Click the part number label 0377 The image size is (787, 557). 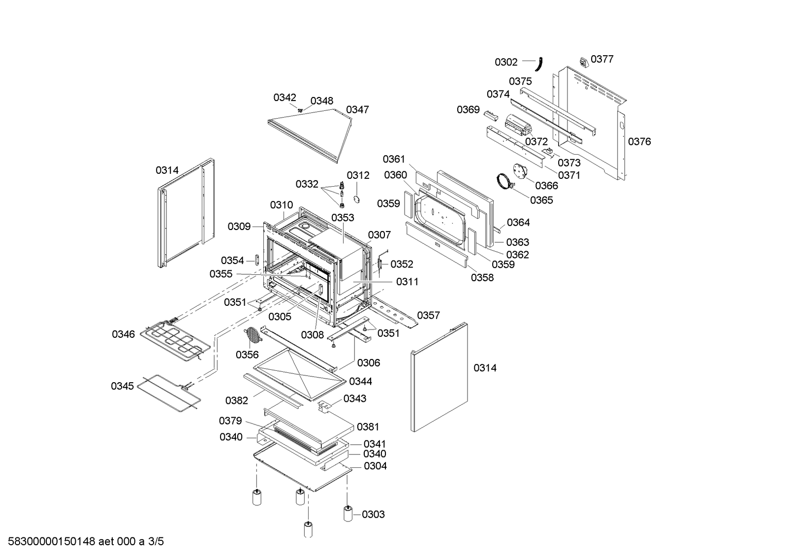(602, 59)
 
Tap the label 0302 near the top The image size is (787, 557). (506, 62)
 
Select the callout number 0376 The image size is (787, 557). (639, 142)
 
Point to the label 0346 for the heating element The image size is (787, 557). (123, 334)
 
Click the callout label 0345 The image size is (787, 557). (122, 386)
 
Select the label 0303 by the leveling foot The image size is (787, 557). (373, 515)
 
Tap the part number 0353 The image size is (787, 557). (343, 218)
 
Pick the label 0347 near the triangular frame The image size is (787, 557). (357, 110)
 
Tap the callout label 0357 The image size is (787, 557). (428, 315)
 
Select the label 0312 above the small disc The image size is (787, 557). (358, 175)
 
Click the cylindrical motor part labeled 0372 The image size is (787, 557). (517, 126)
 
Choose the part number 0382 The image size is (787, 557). (237, 401)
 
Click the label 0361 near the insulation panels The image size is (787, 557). (394, 159)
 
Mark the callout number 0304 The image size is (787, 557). (375, 466)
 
